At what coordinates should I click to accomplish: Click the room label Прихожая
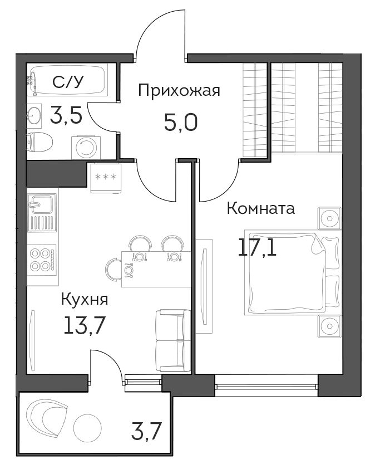pos(179,90)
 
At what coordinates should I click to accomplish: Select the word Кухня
pos(85,300)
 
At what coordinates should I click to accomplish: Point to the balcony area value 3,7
pos(146,432)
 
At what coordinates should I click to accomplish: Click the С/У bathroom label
pos(68,82)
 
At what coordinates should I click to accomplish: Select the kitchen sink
pos(42,213)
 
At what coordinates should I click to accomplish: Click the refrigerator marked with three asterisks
pos(106,178)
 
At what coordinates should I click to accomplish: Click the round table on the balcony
pos(87,428)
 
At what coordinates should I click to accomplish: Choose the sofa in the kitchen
pos(173,340)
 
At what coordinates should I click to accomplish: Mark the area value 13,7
pos(85,325)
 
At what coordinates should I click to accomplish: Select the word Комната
pos(261,208)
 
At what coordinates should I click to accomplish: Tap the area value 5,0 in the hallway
pos(181,123)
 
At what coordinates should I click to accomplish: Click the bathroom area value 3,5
pos(66,115)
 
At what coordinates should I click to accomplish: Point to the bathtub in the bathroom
pos(68,80)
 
